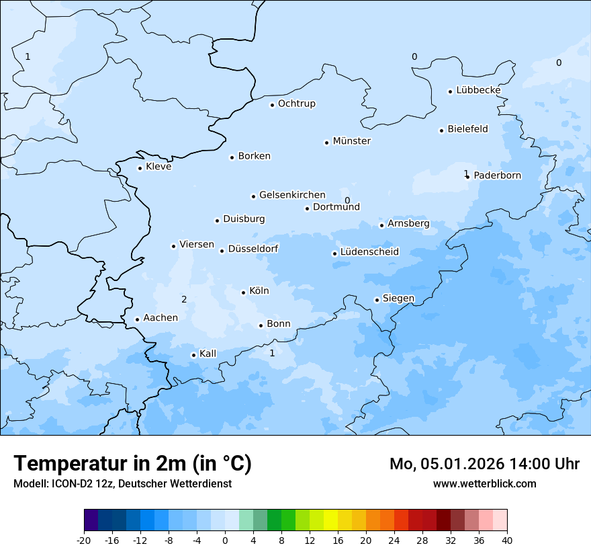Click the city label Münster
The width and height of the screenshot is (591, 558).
point(351,141)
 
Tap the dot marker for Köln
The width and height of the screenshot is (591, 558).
point(244,292)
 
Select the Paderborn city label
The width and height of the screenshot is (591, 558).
point(497,175)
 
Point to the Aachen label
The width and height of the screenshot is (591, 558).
point(161,318)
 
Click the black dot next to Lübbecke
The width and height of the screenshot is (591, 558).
point(451,91)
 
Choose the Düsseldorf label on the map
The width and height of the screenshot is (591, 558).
point(253,249)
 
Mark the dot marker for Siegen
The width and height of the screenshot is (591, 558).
point(377,301)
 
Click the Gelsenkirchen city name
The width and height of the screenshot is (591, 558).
point(292,195)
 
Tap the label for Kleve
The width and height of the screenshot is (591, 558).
point(158,167)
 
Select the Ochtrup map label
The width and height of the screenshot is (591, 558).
point(296,104)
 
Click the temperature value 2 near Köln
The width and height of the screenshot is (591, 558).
point(184,299)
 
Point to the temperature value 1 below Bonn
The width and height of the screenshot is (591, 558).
point(272,353)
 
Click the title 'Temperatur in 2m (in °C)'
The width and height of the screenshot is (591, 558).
point(132,464)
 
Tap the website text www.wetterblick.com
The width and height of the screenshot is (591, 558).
point(484,483)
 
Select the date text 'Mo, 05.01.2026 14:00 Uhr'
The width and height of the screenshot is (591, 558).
point(484,464)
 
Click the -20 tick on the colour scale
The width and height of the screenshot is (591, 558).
point(84,540)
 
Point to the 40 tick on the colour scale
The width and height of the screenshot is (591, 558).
point(507,540)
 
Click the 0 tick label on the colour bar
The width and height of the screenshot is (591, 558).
point(225,540)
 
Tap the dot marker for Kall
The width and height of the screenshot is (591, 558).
point(193,355)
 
